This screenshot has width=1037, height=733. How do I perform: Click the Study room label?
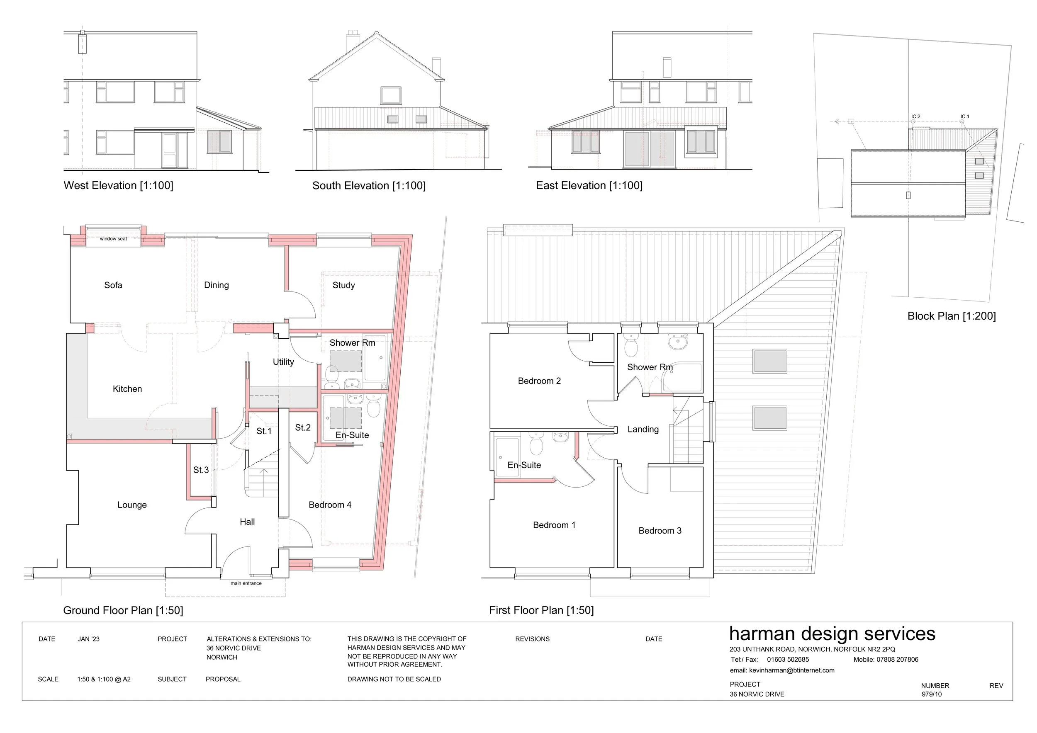point(344,285)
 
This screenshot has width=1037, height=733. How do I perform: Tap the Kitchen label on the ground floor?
point(127,389)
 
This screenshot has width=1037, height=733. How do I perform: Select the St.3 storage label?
point(201,470)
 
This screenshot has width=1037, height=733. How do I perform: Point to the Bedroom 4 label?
point(330,505)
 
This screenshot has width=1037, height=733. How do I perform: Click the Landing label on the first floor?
point(643,430)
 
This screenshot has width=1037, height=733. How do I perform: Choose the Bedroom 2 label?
point(539,381)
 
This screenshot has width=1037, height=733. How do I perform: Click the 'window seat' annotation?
point(113,239)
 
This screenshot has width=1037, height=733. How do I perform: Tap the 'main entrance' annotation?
point(246,583)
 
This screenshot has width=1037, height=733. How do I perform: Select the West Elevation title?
point(118,185)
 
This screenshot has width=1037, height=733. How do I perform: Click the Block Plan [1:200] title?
point(952,316)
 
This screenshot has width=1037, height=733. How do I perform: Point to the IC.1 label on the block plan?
point(965,117)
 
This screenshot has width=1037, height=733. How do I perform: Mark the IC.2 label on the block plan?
point(915,117)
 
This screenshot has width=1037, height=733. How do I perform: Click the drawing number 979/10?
point(932,694)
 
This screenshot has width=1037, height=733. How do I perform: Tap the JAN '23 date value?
point(88,639)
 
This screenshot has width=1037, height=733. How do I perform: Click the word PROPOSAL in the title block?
point(223,679)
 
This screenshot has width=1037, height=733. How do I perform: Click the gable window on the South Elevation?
point(391,96)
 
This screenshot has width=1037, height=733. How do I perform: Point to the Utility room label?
point(283,362)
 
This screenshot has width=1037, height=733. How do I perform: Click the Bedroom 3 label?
point(660,531)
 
